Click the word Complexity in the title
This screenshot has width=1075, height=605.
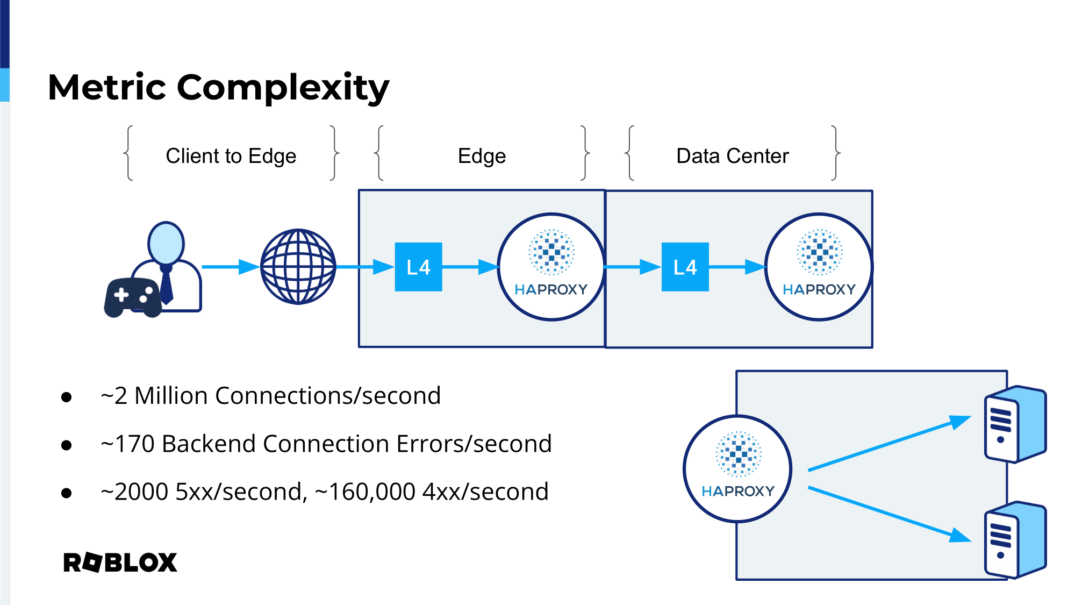pos(283,87)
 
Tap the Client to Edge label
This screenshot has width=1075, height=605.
pos(231,156)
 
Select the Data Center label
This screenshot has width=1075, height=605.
pos(732,156)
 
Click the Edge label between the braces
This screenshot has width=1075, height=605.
pos(482,156)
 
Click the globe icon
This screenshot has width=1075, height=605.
pos(298,267)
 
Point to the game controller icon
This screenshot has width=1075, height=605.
pos(133,297)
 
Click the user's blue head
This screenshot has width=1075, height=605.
pos(166,243)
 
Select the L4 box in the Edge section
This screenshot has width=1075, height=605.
pos(418,267)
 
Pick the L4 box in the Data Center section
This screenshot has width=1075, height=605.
pos(685,267)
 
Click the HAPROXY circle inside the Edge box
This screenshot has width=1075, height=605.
pos(551,267)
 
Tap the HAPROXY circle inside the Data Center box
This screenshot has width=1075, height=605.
pos(819,267)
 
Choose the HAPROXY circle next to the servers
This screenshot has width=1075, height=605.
pos(737,468)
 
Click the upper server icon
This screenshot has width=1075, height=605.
pos(1014,424)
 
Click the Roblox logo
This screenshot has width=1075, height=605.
pos(120,563)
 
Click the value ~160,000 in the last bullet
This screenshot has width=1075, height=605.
pos(365,492)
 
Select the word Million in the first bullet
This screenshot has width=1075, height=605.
pos(171,396)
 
